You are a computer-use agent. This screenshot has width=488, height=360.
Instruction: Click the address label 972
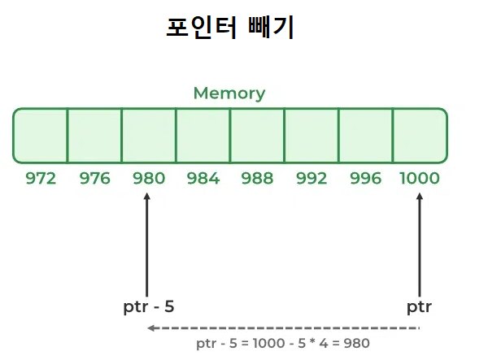coord(41,179)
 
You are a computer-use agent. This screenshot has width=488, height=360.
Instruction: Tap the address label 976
coord(94,179)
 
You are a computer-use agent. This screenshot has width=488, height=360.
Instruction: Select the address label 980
coord(148,179)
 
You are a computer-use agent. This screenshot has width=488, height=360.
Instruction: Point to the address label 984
coord(203,179)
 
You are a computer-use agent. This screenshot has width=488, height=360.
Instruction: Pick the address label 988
coord(257,179)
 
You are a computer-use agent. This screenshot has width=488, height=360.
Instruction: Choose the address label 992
coord(311,179)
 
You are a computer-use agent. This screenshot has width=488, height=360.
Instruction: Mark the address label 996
coord(365,179)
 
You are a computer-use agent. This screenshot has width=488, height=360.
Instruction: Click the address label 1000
coord(420,179)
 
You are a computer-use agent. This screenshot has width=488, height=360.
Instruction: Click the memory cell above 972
coord(41,136)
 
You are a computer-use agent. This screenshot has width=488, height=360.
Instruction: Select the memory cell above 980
coord(149,136)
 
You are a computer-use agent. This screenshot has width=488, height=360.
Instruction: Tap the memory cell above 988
coord(257,136)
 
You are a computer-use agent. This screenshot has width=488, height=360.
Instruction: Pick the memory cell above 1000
coord(420,136)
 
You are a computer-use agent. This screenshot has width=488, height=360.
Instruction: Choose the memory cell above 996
coord(365,136)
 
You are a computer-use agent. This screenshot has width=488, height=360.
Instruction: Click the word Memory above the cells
coord(229,93)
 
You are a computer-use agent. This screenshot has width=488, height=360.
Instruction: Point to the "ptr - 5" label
coord(149,307)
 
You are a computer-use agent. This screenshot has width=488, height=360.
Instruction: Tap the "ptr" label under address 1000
coord(419,307)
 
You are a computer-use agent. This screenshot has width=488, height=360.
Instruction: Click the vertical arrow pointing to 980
coord(147,244)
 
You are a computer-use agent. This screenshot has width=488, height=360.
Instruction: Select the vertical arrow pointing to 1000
coord(420,244)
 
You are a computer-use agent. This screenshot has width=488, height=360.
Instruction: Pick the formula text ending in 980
coord(283,344)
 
